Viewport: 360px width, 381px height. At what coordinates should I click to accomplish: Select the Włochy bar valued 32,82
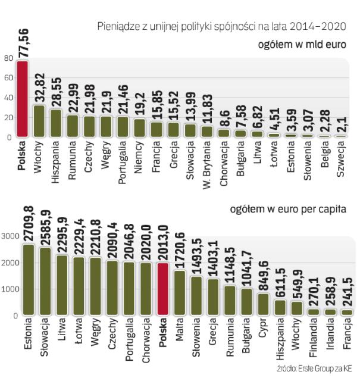point(39,121)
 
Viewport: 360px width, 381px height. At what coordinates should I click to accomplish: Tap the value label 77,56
point(23,42)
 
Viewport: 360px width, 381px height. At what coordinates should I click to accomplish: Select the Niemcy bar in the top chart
point(139,127)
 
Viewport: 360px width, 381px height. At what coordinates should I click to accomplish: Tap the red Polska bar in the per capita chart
point(162,289)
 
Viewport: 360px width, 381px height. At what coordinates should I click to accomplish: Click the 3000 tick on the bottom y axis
point(11,236)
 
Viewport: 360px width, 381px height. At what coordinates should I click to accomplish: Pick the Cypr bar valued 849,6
point(263,303)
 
